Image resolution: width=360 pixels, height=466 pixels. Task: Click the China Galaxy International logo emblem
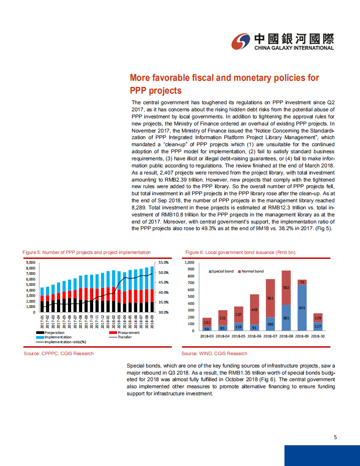pos(241,42)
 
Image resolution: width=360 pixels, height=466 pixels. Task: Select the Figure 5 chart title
pos(87,252)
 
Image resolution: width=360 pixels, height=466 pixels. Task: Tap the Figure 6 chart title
pos(240,252)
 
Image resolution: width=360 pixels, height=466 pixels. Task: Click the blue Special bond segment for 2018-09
pos(302,308)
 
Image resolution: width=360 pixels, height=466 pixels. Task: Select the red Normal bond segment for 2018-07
pos(270,298)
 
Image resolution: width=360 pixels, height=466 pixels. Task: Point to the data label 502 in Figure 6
pos(286,288)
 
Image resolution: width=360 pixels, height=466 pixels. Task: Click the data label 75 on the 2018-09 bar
pos(302,282)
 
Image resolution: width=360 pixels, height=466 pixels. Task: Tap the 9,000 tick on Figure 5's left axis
pos(30,262)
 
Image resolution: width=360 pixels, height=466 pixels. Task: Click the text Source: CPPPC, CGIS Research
pos(59,353)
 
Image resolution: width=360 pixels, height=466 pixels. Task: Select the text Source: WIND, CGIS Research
pos(214,353)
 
